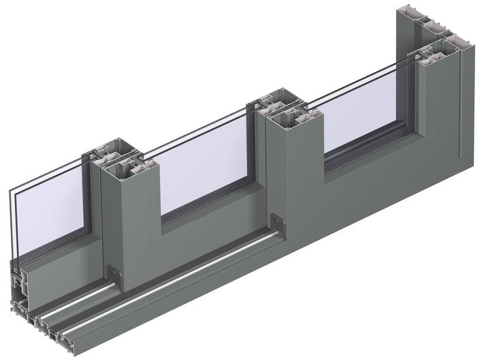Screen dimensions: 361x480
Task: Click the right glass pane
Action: click(x=361, y=116)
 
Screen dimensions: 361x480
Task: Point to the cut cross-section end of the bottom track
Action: click(x=34, y=320)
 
